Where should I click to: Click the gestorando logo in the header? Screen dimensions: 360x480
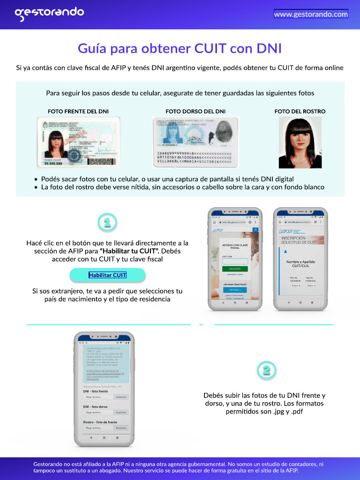(x=49, y=14)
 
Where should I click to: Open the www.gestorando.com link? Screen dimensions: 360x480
(x=311, y=14)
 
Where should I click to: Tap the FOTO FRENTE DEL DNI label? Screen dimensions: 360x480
(x=78, y=112)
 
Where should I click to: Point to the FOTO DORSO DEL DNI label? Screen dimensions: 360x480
(x=195, y=112)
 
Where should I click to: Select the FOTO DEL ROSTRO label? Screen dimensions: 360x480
(x=300, y=112)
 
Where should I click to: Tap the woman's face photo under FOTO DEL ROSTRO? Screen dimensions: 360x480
(x=300, y=142)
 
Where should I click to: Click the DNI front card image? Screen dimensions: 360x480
(x=78, y=142)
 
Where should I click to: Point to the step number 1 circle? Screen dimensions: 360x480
(x=107, y=223)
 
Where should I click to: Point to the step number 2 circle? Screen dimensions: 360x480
(x=266, y=370)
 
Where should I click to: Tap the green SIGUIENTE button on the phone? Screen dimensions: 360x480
(x=235, y=269)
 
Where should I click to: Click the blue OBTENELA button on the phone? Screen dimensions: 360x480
(x=235, y=290)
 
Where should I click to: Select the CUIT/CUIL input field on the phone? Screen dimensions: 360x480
(x=235, y=262)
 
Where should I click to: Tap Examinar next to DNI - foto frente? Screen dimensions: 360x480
(x=121, y=397)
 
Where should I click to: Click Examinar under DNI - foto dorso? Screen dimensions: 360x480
(x=121, y=412)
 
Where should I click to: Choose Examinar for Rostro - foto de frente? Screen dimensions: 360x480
(x=121, y=428)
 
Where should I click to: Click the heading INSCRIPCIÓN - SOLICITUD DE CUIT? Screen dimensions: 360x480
(x=299, y=240)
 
